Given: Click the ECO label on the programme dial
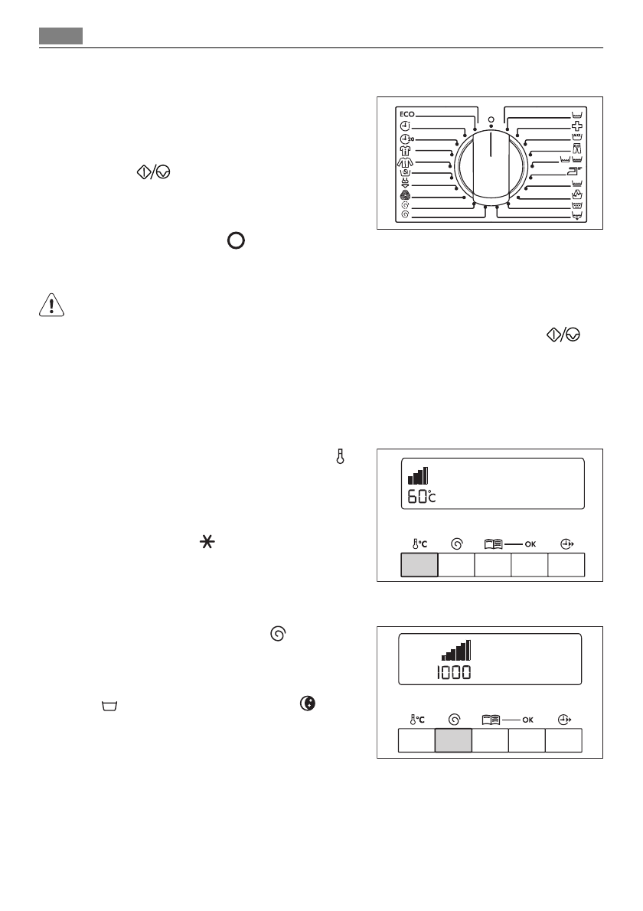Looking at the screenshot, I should click(x=406, y=114).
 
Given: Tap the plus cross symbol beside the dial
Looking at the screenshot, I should click(x=577, y=126).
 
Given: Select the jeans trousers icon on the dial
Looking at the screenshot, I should click(x=577, y=150).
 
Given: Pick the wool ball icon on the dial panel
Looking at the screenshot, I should click(x=406, y=195).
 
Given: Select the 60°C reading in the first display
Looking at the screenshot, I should click(x=421, y=496).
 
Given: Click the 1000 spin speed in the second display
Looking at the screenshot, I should click(x=455, y=673).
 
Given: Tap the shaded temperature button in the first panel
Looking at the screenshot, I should click(x=419, y=565).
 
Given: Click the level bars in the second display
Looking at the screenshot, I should click(x=456, y=651).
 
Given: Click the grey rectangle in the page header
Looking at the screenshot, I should click(x=61, y=36).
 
